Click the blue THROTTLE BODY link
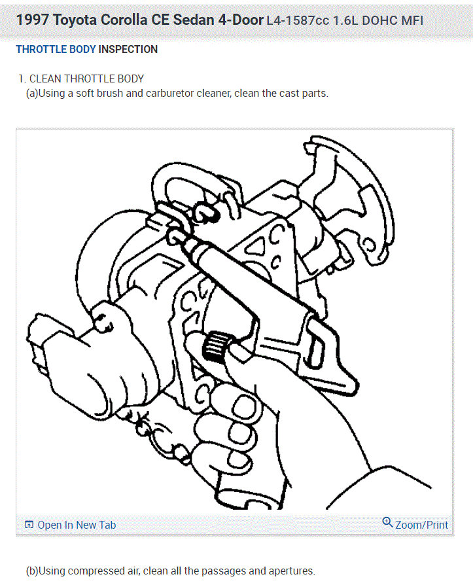tap(56, 49)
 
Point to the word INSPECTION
tap(128, 49)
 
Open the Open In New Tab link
tap(77, 525)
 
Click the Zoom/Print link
tap(422, 525)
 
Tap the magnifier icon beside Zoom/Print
tap(387, 523)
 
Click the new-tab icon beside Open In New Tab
tap(29, 525)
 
